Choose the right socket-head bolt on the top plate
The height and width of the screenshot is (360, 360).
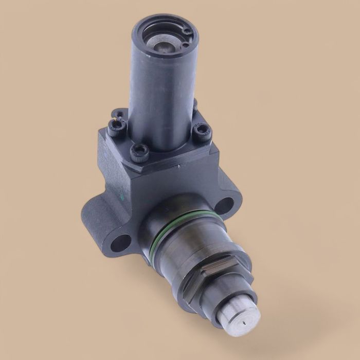point(201,133)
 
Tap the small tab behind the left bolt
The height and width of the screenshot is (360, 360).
point(119,112)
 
